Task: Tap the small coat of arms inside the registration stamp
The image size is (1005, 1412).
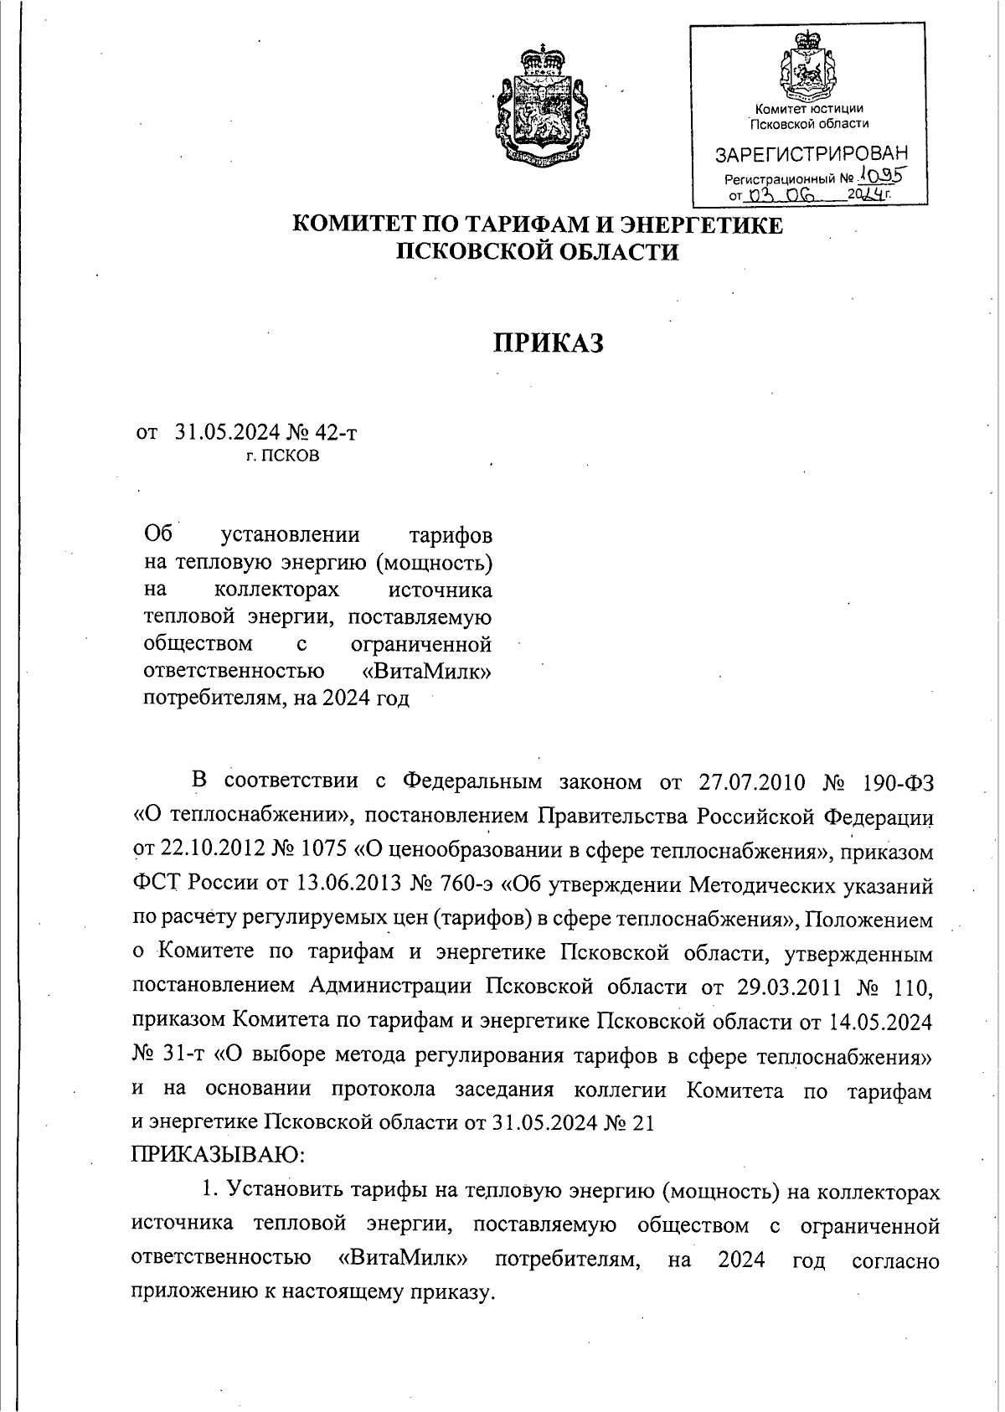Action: (808, 71)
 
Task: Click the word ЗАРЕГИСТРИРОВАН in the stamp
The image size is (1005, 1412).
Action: (810, 155)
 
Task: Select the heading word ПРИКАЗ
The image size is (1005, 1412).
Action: (548, 343)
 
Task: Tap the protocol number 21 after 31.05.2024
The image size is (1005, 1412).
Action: (641, 1124)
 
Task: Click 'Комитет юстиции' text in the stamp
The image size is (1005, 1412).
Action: (808, 109)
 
